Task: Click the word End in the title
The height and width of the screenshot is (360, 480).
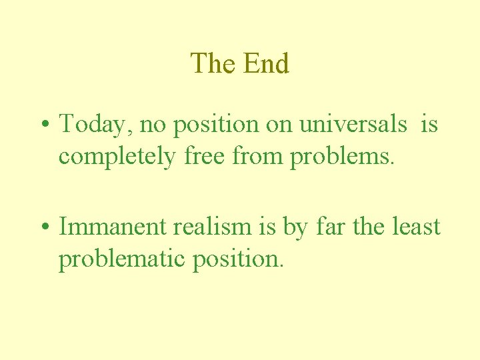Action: coord(266,64)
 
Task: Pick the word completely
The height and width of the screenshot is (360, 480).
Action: coord(117,155)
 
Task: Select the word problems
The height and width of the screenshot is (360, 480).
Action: coord(344,155)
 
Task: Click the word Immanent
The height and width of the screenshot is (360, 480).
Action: coord(113,227)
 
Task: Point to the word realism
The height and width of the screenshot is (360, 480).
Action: coord(212,227)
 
